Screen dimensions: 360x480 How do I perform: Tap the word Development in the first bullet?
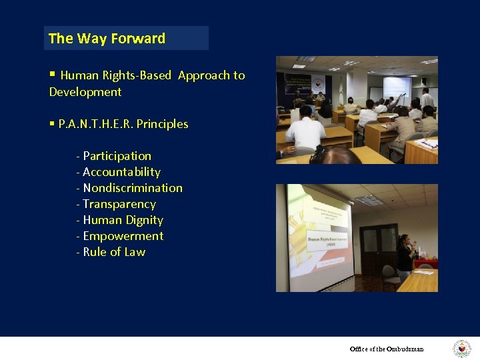(85, 92)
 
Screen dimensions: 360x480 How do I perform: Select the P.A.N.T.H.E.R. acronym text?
(95, 124)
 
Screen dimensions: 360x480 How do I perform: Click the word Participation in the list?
(117, 156)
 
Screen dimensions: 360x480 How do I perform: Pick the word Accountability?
(121, 172)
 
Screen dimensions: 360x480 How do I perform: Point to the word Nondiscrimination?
(132, 188)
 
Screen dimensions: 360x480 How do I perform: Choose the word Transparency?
(119, 204)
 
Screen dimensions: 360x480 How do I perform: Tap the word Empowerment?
(123, 236)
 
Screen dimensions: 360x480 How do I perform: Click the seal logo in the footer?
(461, 349)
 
